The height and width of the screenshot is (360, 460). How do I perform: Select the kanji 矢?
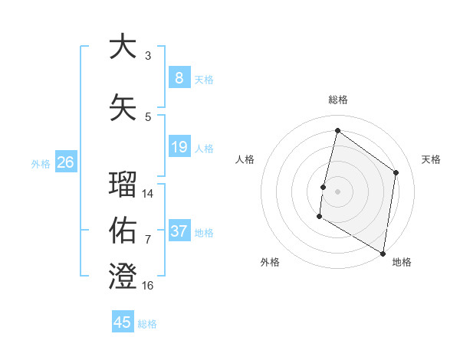(123, 107)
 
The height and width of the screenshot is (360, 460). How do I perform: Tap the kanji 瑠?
(123, 185)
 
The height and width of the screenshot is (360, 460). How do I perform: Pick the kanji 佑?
(123, 231)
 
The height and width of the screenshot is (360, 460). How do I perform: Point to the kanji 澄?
(123, 276)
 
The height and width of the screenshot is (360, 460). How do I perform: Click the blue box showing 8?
(179, 77)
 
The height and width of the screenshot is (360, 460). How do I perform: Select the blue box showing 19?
(179, 147)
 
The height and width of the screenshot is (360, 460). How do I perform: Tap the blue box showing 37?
(179, 231)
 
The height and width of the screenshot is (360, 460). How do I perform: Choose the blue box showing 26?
(65, 162)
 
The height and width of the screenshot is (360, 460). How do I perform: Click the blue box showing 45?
(123, 322)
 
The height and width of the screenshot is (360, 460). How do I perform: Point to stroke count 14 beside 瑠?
(148, 194)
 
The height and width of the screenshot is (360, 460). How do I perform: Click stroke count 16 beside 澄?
(148, 286)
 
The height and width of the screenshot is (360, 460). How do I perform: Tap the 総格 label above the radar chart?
(337, 100)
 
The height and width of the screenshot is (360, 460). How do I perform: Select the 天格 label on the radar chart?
(431, 159)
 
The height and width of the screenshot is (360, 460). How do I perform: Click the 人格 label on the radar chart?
(245, 159)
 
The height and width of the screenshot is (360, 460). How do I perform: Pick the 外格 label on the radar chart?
(270, 262)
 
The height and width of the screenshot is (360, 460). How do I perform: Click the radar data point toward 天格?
(396, 172)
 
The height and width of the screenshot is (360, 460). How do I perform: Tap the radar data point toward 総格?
(337, 131)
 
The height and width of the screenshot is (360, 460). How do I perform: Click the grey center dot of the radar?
(337, 191)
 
